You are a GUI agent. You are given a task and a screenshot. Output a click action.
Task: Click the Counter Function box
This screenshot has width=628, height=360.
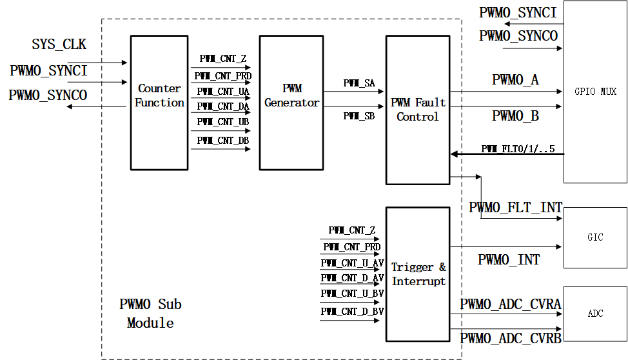(x=159, y=102)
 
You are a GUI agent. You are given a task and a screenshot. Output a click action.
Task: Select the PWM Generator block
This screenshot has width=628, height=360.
(x=291, y=102)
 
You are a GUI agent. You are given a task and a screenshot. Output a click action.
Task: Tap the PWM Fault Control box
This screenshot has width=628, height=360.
(x=417, y=110)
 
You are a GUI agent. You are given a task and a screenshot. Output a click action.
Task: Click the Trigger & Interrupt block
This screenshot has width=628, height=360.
(x=418, y=274)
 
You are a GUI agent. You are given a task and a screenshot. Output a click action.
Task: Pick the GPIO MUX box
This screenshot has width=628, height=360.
(x=595, y=92)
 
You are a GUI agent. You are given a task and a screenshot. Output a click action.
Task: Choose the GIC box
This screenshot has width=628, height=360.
(x=595, y=237)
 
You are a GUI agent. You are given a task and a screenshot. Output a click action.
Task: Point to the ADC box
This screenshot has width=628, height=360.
(x=595, y=314)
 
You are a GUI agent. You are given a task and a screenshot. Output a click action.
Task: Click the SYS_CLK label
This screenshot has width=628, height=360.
(x=59, y=45)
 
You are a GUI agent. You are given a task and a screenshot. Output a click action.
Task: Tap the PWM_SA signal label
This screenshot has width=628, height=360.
(x=358, y=83)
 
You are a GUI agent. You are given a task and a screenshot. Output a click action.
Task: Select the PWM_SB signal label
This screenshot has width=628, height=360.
(x=358, y=115)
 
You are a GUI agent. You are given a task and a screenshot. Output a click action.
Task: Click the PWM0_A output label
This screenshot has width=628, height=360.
(x=515, y=80)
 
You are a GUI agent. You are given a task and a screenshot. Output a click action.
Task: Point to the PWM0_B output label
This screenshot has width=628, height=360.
(x=515, y=116)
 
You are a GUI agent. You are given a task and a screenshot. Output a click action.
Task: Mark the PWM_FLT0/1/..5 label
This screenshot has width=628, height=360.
(x=517, y=149)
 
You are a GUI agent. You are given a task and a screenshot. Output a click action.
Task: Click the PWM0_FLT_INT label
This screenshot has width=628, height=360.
(x=515, y=208)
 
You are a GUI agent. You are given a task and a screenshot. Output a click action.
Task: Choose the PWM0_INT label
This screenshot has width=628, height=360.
(x=509, y=259)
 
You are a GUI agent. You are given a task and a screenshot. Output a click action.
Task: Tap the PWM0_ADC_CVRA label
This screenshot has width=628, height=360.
(x=510, y=305)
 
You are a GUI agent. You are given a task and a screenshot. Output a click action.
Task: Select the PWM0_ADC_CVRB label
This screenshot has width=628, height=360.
(x=510, y=338)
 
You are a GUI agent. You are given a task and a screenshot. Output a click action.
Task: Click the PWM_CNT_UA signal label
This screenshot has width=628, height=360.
(x=223, y=91)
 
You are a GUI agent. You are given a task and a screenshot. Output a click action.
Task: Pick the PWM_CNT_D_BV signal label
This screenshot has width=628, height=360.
(x=352, y=312)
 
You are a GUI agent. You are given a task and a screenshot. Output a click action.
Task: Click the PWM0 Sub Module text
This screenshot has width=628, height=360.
(x=150, y=314)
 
